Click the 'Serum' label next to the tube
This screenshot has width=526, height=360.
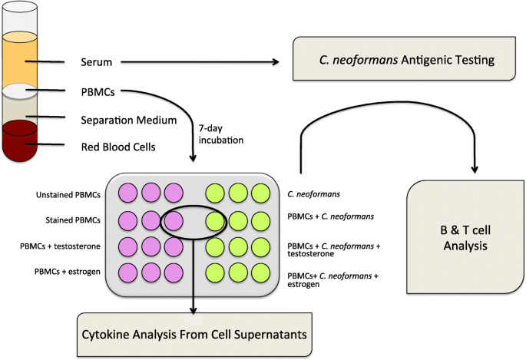(x=95, y=61)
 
